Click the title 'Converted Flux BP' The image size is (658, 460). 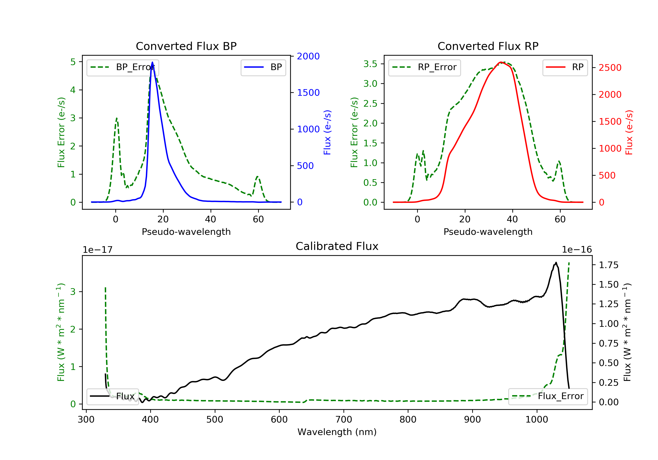[186, 46]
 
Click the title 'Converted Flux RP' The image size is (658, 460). [488, 46]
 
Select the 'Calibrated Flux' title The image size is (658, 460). [337, 246]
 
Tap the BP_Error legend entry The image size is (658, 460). [123, 67]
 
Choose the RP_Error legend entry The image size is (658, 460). [424, 67]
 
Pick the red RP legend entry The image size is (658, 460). [565, 67]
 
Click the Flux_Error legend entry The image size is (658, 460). [548, 396]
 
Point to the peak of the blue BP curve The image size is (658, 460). [152, 62]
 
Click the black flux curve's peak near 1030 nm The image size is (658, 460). [556, 262]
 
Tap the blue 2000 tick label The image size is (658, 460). [308, 56]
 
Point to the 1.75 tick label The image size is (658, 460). [608, 265]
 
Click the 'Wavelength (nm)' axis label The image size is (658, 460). [337, 432]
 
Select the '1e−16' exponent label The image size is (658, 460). [577, 250]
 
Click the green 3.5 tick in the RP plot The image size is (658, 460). [370, 64]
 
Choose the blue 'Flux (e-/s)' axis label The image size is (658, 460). [327, 132]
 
